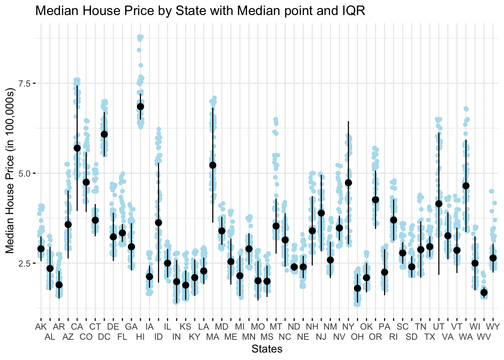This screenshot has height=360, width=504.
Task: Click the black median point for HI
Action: [x=140, y=106]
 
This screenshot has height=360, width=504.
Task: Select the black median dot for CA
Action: [x=77, y=148]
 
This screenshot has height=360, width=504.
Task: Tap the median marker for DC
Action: [x=104, y=134]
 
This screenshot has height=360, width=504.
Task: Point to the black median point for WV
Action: [x=484, y=292]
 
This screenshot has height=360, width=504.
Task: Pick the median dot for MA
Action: [x=213, y=165]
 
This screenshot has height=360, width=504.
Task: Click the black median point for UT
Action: [x=439, y=204]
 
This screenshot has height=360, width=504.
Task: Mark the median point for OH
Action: [x=357, y=288]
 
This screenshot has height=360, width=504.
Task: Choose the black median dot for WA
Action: [x=466, y=186]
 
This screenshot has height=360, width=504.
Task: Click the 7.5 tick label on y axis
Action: [x=25, y=83]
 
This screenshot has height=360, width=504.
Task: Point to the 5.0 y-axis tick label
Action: [x=25, y=173]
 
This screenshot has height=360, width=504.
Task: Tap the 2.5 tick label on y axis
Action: [x=25, y=263]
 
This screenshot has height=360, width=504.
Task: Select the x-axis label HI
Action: [x=140, y=337]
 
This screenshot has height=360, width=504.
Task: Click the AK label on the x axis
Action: [x=41, y=327]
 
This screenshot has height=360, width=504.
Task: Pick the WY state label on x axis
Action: [x=493, y=327]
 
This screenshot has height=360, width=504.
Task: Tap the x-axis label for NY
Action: [x=348, y=327]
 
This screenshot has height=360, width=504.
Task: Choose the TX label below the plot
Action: [x=430, y=337]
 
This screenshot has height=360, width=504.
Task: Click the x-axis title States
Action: [x=267, y=349]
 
